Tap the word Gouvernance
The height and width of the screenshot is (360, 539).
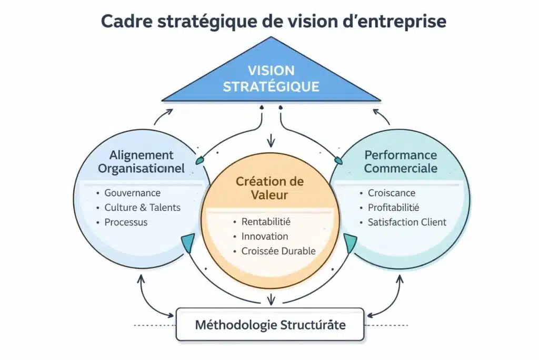(133, 193)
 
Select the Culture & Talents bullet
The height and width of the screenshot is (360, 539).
(142, 207)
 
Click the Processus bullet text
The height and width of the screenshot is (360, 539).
(126, 222)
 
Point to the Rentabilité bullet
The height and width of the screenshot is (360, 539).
(266, 221)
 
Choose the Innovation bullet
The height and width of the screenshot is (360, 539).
(265, 236)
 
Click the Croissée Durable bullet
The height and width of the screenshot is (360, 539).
(278, 251)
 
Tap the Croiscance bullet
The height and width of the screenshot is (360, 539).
(392, 193)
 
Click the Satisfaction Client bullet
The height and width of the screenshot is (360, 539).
(407, 222)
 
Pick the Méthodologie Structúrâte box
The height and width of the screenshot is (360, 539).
(270, 324)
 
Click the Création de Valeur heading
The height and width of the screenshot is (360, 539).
(269, 188)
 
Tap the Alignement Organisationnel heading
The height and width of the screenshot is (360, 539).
(142, 162)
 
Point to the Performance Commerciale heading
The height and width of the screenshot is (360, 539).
(401, 162)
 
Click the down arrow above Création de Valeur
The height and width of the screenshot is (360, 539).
(271, 141)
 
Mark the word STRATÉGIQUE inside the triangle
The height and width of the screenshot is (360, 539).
(271, 86)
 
